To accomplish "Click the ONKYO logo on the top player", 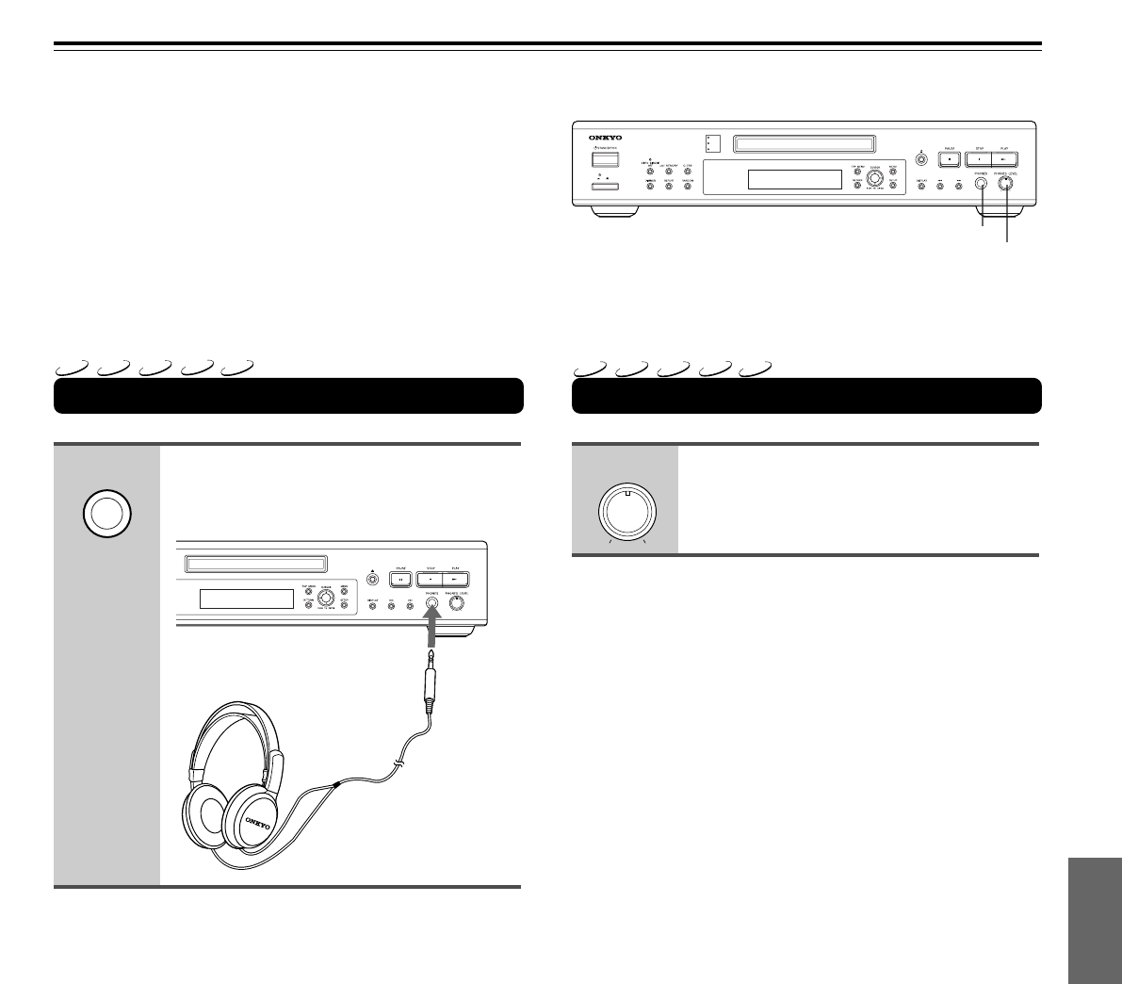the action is [x=607, y=138].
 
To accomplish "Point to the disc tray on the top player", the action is [x=802, y=143].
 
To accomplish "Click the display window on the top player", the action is [x=794, y=180].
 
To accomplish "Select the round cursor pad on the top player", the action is [x=875, y=178].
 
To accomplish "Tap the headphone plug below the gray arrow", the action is [x=431, y=673].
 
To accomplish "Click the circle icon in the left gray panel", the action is [x=106, y=515].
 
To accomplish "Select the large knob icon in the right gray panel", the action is [x=626, y=514].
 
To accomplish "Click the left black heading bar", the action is [x=288, y=396].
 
